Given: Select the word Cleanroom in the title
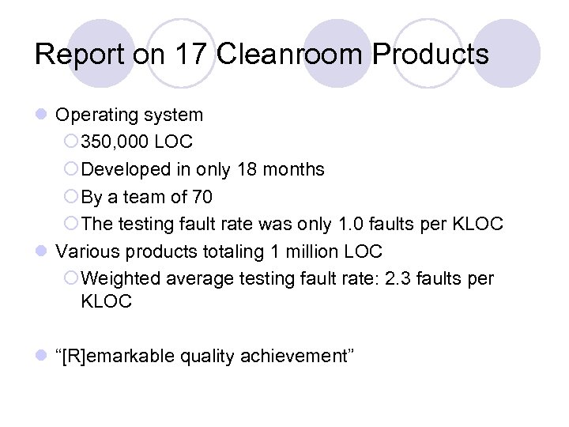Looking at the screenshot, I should pos(290,55).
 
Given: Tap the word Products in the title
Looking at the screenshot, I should pos(431,55).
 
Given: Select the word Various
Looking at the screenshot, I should pos(87,251).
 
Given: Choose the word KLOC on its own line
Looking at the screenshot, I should pos(106,301).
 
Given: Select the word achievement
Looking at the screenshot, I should pos(298,357).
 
